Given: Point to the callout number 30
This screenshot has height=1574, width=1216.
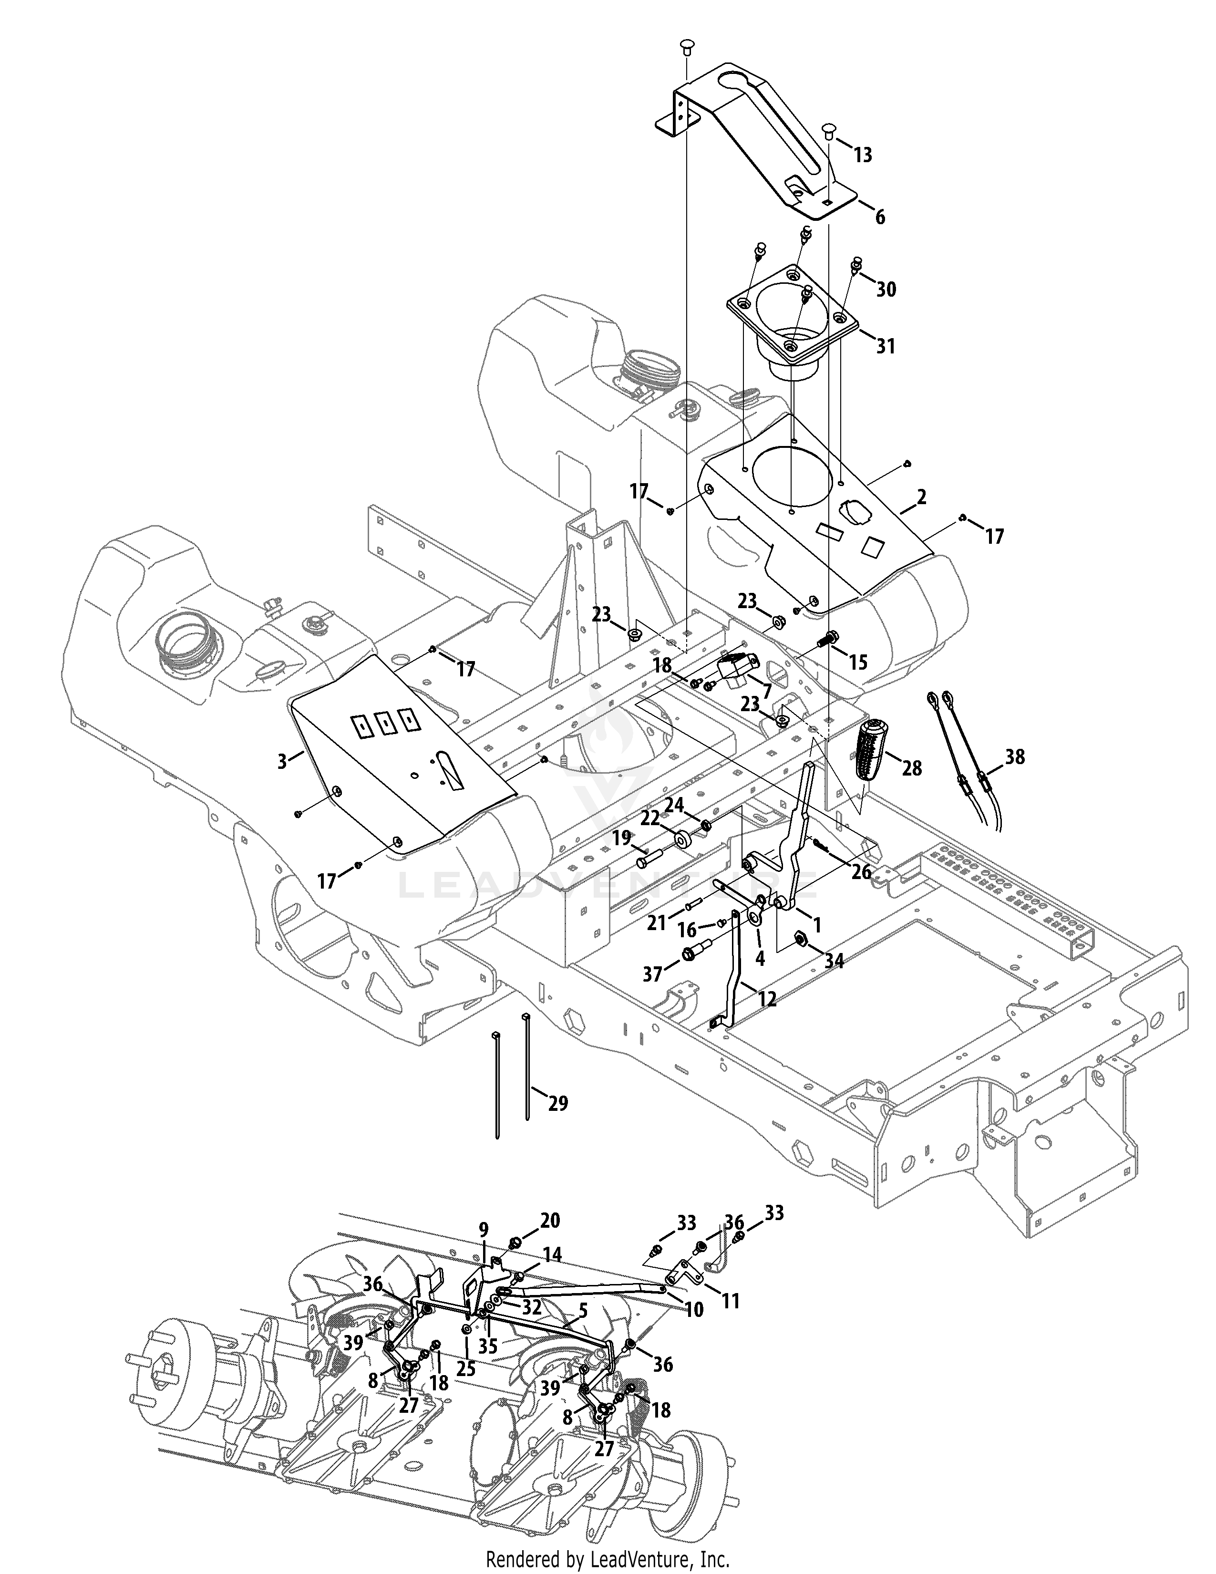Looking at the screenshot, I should (x=886, y=289).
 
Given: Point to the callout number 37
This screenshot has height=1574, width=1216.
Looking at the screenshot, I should (x=652, y=974).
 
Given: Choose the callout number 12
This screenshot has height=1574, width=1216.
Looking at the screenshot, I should (x=767, y=1000).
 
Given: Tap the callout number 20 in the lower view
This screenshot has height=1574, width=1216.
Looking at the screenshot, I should (x=550, y=1220).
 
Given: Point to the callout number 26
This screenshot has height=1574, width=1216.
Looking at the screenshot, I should (x=862, y=872).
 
